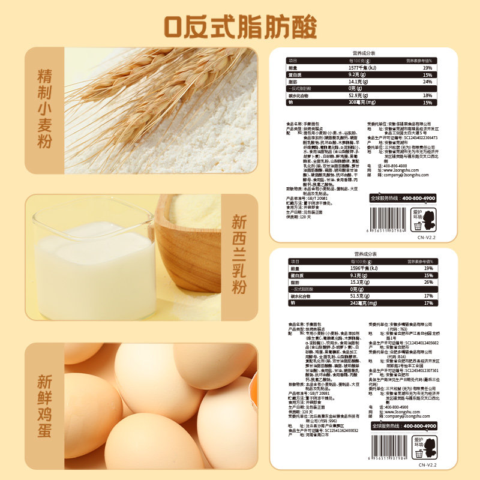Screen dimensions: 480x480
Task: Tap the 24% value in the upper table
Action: tap(427, 81)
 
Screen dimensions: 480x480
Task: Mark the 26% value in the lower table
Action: tap(428, 282)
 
